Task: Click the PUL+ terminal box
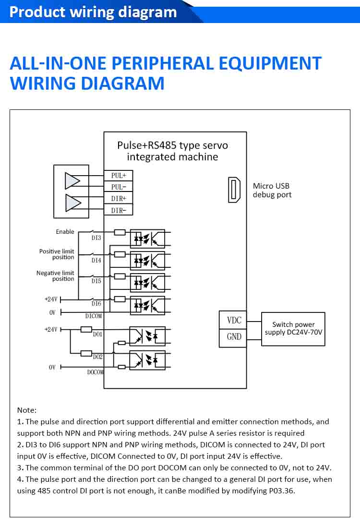(118, 176)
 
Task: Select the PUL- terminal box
(118, 187)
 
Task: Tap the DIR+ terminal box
(118, 198)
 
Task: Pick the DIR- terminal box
(118, 210)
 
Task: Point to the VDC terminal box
(234, 320)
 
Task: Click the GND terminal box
(234, 336)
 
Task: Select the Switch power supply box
(293, 329)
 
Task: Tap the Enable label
(65, 232)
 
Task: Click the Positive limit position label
(57, 254)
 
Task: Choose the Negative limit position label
(55, 276)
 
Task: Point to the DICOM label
(94, 316)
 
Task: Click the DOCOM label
(95, 372)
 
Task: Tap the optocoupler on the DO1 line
(147, 335)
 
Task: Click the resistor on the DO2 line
(86, 353)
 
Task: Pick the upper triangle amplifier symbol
(72, 181)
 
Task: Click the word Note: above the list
(27, 410)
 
